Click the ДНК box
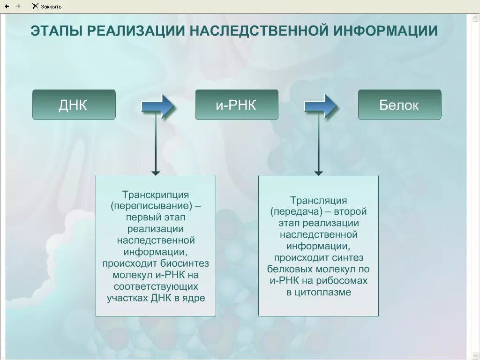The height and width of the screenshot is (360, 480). pyautogui.click(x=74, y=105)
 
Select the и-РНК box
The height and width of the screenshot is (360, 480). pyautogui.click(x=236, y=105)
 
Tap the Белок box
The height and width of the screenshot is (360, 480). pyautogui.click(x=399, y=105)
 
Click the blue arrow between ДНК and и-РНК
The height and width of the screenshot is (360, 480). pyautogui.click(x=158, y=106)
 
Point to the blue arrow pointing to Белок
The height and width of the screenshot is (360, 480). pyautogui.click(x=321, y=106)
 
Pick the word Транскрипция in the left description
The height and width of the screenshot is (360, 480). pyautogui.click(x=156, y=194)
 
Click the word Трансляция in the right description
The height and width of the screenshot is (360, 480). pyautogui.click(x=318, y=201)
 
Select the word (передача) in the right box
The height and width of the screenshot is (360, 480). pyautogui.click(x=291, y=212)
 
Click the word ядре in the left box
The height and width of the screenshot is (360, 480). pyautogui.click(x=196, y=298)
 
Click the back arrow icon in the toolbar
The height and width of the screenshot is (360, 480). pyautogui.click(x=7, y=6)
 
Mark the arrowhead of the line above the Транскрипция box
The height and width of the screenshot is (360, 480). pyautogui.click(x=156, y=173)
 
